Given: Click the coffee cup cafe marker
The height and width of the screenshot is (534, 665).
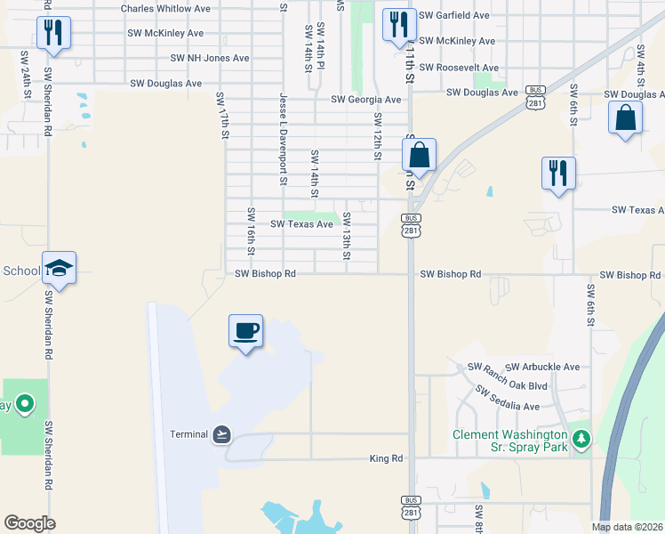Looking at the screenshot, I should point(245,331).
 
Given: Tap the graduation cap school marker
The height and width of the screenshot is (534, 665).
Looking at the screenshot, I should point(59,269).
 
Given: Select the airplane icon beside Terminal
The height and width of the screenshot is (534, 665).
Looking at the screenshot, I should point(221,434).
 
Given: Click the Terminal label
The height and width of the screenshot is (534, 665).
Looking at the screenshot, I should point(188,434).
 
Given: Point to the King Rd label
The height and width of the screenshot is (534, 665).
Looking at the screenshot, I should point(386,459).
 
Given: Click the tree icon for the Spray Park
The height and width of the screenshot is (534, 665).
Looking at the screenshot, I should point(581,438).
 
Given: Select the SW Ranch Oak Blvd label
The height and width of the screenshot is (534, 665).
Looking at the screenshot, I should point(508,386).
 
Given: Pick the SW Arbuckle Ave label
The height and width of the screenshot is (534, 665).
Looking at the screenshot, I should point(542,367).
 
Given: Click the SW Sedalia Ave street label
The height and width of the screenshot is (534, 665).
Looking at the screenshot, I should point(508,398).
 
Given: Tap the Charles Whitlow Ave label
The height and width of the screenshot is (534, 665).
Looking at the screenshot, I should point(165,8).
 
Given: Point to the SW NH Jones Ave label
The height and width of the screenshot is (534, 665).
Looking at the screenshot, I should point(210,58).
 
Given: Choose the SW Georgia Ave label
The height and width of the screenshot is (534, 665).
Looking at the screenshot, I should point(366,101).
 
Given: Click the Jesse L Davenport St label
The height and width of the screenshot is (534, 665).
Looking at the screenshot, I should point(283,138).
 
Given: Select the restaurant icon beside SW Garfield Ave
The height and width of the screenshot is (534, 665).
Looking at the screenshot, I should point(398,22).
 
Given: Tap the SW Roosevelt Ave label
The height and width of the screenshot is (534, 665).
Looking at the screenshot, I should point(459,68).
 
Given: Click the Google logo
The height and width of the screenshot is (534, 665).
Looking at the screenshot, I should point(29,523).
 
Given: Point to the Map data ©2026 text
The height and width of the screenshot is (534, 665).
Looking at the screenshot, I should point(628,527).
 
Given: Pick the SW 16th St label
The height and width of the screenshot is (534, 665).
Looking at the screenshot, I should point(252,231).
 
